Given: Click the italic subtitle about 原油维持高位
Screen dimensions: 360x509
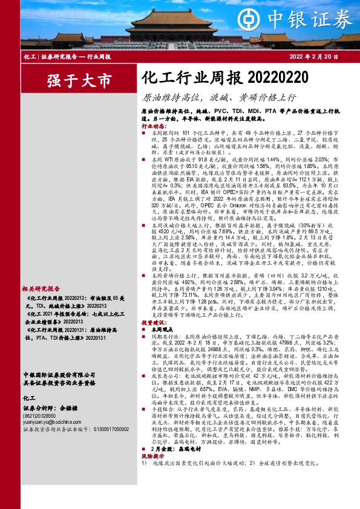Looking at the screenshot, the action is click(x=218, y=97).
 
